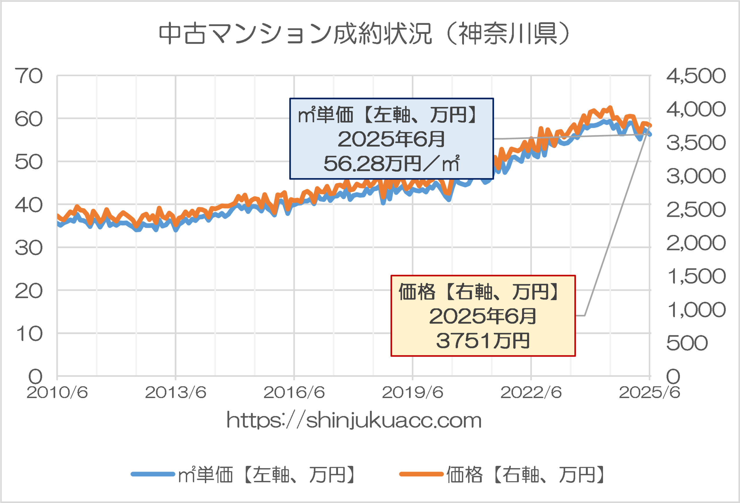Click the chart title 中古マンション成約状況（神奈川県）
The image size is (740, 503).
tap(365, 34)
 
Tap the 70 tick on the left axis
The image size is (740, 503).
tap(29, 76)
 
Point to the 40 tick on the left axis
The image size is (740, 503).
tap(29, 205)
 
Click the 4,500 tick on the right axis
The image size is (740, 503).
tap(696, 76)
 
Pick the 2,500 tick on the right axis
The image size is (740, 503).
tap(696, 210)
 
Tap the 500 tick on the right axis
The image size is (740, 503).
tap(687, 343)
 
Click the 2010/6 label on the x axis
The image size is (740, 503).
tap(57, 393)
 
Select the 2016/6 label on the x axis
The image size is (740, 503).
tap(294, 393)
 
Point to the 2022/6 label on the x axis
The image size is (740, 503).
tap(531, 393)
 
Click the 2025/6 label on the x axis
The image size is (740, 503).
tap(649, 393)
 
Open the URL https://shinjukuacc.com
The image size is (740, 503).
tap(354, 421)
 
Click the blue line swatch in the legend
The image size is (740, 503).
tap(153, 474)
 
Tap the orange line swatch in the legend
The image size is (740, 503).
tap(421, 474)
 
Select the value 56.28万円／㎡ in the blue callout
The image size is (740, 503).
tap(391, 164)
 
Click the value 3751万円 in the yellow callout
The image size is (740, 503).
tap(483, 341)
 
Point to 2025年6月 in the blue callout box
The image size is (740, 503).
tap(391, 139)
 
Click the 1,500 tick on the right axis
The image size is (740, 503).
tap(696, 276)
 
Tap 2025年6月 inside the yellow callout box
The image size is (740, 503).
tap(483, 316)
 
